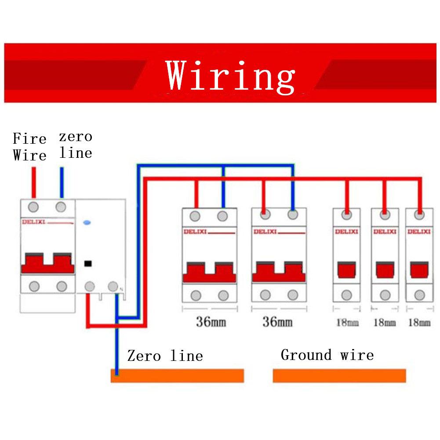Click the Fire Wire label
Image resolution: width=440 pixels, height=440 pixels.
[x=29, y=147]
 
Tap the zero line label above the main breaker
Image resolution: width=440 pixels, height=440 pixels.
[x=76, y=145]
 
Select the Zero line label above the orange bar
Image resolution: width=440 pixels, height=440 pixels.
[x=165, y=355]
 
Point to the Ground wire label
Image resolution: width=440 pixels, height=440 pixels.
[x=327, y=355]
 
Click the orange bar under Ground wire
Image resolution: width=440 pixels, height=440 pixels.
[x=339, y=376]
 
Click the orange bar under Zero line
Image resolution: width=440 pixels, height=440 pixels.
[x=177, y=376]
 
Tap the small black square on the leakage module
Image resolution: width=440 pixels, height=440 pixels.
[x=87, y=264]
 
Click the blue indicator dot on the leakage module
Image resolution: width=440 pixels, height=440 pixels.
[x=87, y=223]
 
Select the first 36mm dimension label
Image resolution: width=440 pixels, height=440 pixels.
[x=211, y=322]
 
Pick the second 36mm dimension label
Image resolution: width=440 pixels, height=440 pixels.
[x=277, y=322]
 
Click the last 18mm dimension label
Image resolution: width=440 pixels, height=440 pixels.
[x=419, y=323]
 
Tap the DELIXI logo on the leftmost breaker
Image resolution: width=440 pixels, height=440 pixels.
[x=33, y=222]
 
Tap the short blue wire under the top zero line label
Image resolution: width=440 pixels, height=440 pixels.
[x=62, y=182]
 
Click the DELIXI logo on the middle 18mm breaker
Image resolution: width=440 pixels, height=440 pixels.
[x=385, y=232]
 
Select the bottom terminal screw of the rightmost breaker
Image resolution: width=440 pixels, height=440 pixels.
[x=419, y=295]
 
